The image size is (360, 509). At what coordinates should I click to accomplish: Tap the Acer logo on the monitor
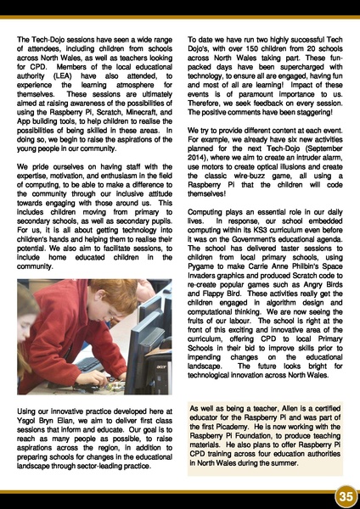159,377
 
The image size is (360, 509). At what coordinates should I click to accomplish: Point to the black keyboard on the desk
93,366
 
